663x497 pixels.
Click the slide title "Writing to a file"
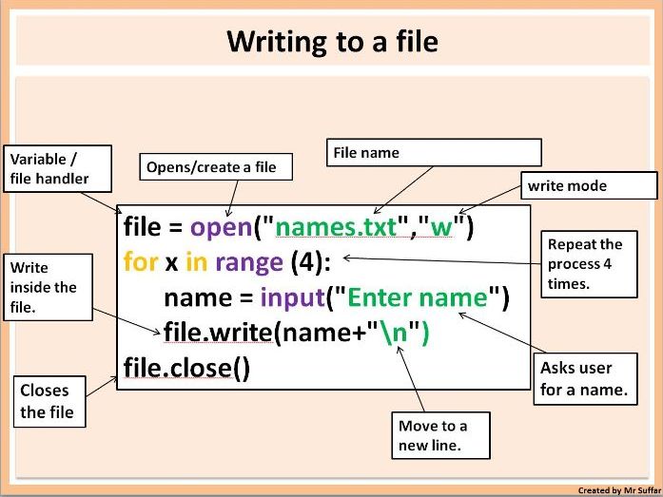tap(331, 42)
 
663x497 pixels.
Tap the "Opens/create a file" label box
tap(210, 167)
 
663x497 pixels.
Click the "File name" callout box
tap(434, 153)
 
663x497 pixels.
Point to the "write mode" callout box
tap(590, 185)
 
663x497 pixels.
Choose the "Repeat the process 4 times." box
tap(586, 263)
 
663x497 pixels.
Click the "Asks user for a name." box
tap(583, 378)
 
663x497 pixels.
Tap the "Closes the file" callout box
tap(50, 400)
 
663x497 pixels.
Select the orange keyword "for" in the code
tap(140, 261)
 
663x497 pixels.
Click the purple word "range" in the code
tap(248, 261)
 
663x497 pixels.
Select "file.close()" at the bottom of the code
tap(186, 367)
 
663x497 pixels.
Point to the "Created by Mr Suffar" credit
tap(618, 490)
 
